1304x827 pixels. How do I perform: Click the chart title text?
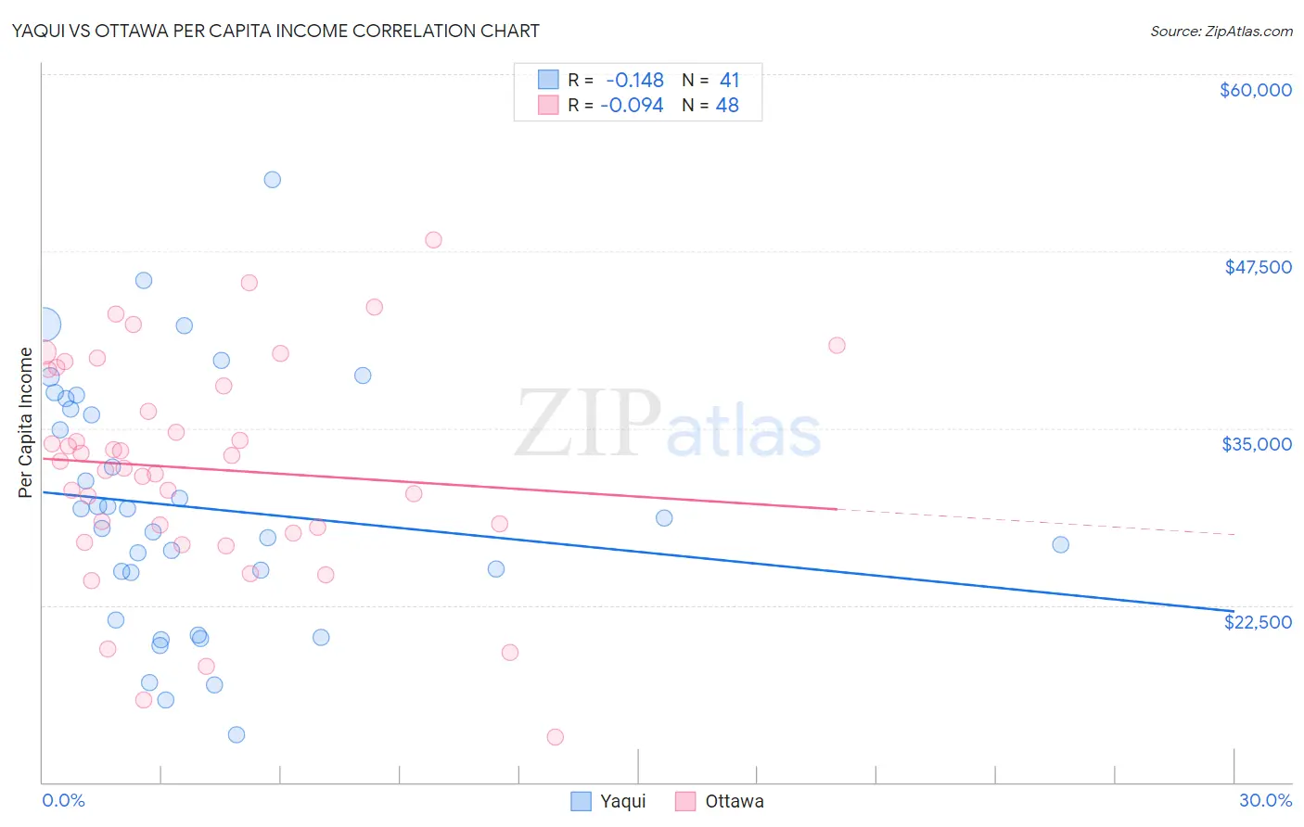[275, 31]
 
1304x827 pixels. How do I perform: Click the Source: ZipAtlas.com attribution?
[1221, 32]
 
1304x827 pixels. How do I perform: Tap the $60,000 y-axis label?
[1255, 90]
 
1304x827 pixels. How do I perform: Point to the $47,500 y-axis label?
[1258, 267]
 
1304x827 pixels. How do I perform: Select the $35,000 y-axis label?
[1257, 444]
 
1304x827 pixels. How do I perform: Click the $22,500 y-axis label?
[1258, 622]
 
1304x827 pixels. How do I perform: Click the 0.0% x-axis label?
[63, 800]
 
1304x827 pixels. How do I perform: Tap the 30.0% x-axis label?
[1265, 800]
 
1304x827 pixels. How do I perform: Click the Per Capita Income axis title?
[26, 422]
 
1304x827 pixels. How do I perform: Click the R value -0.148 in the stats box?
[635, 81]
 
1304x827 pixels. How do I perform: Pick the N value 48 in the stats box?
[727, 106]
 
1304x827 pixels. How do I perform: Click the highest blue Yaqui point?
[272, 180]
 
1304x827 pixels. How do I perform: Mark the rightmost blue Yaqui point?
[1060, 544]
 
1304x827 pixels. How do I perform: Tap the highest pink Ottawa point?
[433, 240]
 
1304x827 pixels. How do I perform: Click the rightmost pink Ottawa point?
[837, 346]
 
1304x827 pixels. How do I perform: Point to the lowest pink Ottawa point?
[556, 737]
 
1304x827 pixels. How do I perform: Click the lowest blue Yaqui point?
[237, 734]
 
